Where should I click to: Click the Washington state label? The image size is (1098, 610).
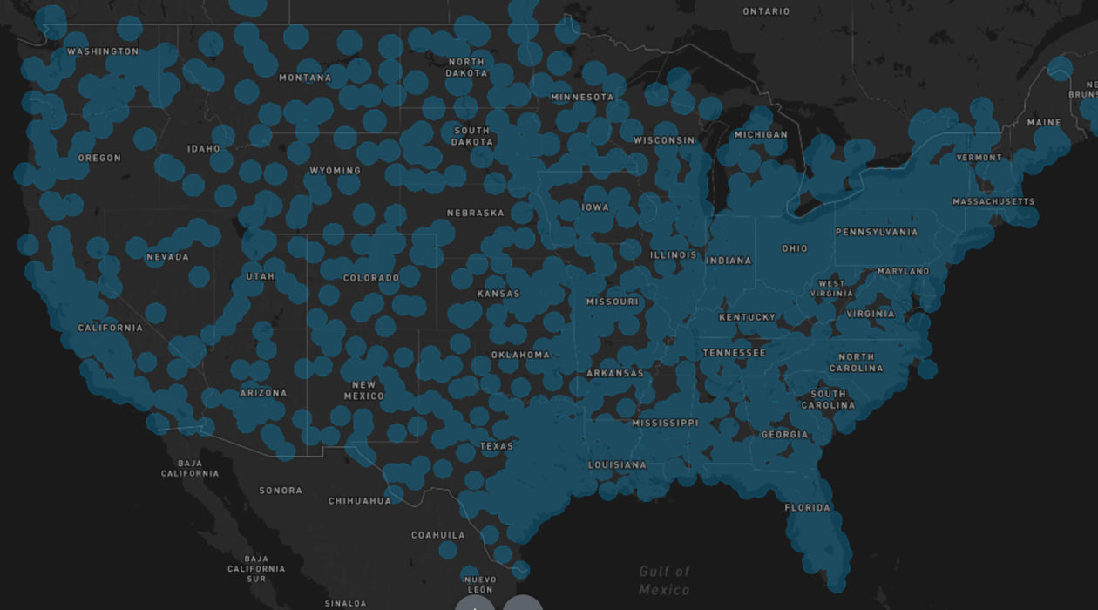tap(103, 51)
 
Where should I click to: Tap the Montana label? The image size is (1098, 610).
tap(305, 78)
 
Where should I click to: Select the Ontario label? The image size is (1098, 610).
tap(766, 11)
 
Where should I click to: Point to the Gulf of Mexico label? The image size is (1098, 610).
tap(664, 580)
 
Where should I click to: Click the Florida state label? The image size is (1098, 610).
tap(807, 507)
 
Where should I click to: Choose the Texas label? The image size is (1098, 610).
tap(497, 446)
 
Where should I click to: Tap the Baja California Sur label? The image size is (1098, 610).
tap(256, 568)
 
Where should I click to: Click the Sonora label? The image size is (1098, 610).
tap(281, 491)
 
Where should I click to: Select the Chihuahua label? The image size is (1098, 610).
tap(360, 501)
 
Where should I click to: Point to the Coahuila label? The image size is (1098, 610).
tap(438, 535)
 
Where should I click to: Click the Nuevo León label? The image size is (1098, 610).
tap(480, 584)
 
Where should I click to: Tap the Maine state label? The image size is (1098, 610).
tap(1044, 123)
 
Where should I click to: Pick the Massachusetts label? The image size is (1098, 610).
tap(993, 201)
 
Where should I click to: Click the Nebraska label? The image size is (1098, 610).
tap(475, 213)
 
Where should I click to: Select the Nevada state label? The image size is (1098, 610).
tap(167, 257)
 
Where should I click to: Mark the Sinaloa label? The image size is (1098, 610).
tap(345, 603)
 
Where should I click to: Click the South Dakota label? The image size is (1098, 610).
tap(471, 136)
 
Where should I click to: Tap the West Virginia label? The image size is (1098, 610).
tap(831, 288)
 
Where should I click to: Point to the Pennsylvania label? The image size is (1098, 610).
tap(877, 232)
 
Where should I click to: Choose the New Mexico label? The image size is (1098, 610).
tap(363, 390)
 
